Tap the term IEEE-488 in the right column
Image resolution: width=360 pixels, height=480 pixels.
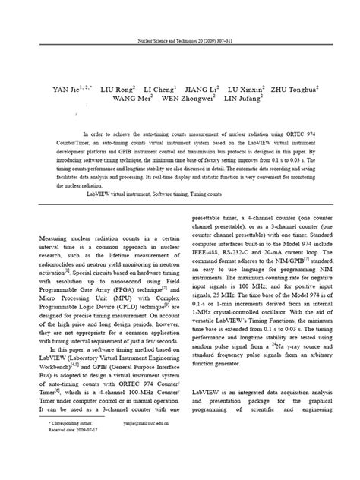click(x=209, y=241)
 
